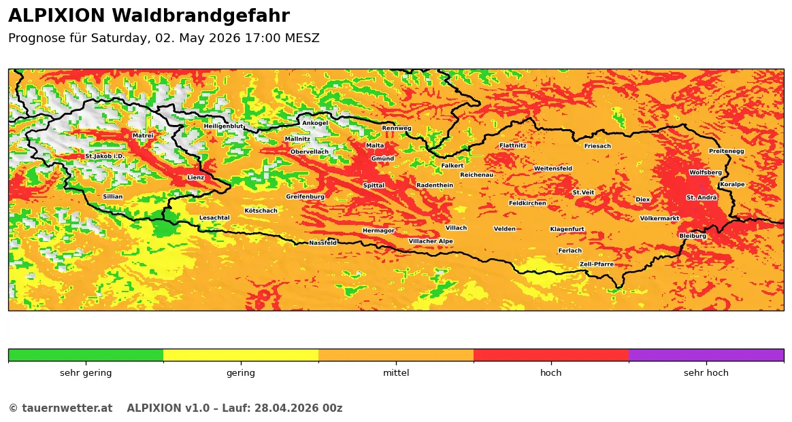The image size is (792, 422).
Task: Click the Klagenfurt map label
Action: [x=567, y=229]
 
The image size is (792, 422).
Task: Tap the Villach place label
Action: [x=456, y=228]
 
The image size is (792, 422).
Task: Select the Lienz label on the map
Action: [x=196, y=177]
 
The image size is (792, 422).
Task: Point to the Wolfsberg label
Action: [x=705, y=173]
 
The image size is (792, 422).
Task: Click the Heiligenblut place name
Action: [x=223, y=126]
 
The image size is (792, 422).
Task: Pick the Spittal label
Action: [x=374, y=186]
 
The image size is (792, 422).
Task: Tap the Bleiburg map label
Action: [x=693, y=236]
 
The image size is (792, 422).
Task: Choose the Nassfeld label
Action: [x=323, y=243]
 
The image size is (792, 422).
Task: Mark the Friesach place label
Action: [x=597, y=146]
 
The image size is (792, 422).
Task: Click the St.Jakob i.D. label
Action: [x=104, y=156]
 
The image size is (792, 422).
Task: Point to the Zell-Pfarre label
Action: [x=596, y=264]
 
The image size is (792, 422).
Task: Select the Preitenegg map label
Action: [x=726, y=151]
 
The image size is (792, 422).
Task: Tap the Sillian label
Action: [x=113, y=196]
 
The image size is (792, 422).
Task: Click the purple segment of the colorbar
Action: [x=706, y=355]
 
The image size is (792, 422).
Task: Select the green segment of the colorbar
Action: [x=86, y=355]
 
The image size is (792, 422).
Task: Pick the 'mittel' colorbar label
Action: [x=396, y=373]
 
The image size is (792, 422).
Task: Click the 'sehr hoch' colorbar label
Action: [x=706, y=373]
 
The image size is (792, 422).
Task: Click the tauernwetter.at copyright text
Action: [x=60, y=408]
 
